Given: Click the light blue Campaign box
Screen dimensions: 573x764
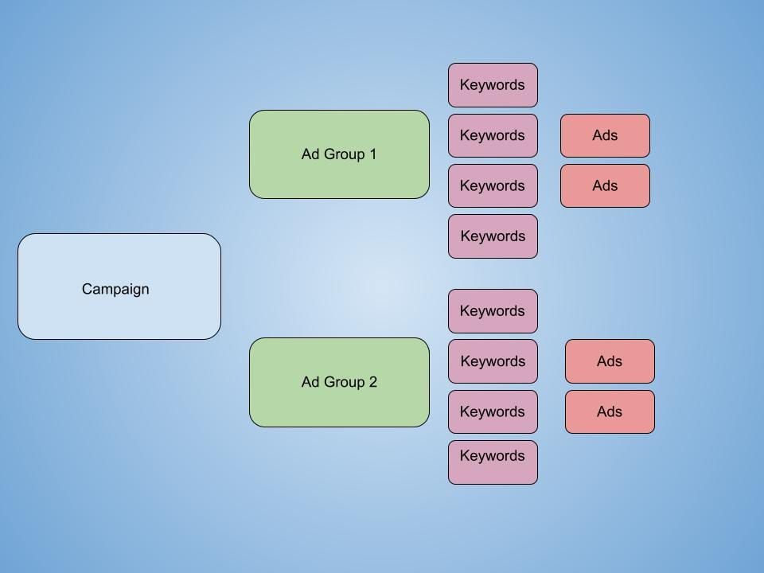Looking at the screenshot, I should (119, 286).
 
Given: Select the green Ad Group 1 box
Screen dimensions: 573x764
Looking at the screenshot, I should (339, 154).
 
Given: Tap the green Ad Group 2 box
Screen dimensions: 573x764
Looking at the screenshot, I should (339, 382).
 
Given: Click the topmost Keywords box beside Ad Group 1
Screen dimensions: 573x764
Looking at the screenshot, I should (493, 85).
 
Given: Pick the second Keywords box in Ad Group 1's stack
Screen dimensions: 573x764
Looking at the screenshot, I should (493, 135).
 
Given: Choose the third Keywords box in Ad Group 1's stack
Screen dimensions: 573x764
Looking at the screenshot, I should (493, 185).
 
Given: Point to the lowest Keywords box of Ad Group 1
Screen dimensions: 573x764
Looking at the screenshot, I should (493, 236).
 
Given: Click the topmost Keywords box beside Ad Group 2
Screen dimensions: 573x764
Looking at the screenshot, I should (493, 311).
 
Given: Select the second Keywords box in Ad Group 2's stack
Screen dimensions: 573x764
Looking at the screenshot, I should (493, 361).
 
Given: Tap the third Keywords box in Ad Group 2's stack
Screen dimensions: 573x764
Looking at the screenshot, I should (493, 411).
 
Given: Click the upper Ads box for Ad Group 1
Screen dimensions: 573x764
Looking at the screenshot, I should (605, 135).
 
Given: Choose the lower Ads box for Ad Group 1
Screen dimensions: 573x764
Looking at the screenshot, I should (605, 185).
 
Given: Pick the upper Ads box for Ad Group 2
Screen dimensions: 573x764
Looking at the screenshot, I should (610, 361).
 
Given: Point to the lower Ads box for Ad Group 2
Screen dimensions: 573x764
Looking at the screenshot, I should (610, 411).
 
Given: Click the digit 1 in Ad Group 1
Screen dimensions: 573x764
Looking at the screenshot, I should (372, 154).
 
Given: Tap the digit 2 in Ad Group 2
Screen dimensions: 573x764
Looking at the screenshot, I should (372, 382).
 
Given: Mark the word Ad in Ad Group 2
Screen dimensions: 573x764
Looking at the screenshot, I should (310, 382).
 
